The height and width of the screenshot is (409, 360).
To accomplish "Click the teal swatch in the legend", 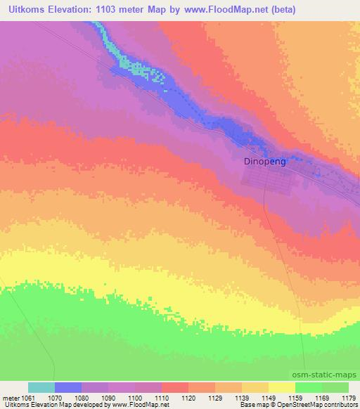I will coord(41,387).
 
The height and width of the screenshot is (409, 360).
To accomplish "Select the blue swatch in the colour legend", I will coord(68,387).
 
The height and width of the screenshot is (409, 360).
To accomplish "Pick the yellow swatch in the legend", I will coord(282,387).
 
